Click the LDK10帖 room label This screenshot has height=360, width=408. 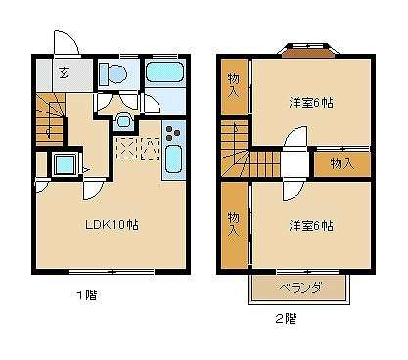pos(112,225)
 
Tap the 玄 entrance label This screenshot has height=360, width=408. pos(64,73)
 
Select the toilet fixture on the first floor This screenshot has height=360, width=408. pos(113,73)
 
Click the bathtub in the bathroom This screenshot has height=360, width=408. pos(164,72)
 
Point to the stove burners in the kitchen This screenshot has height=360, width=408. pos(173,133)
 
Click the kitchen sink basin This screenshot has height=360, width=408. pos(173,158)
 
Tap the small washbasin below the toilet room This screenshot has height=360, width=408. pos(123,121)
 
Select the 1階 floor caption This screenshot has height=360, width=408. pos(87,295)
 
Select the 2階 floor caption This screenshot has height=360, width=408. pos(287,318)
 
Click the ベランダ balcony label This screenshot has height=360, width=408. pos(300,288)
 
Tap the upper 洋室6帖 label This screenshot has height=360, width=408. pos(311,103)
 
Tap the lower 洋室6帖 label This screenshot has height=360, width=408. pos(311,226)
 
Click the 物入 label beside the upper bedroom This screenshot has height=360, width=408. pos(234,85)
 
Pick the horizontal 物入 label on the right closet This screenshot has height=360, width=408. pos(342,164)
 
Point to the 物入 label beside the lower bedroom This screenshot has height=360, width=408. pos(234,224)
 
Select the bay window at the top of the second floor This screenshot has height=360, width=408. pos(308,51)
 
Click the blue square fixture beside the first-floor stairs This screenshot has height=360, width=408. pos(65,164)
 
